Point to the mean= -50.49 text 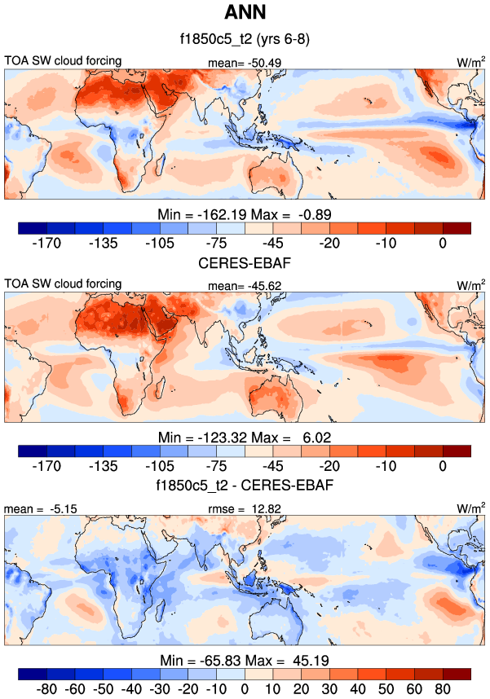tap(243, 61)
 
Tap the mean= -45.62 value tap(243, 284)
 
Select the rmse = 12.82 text tap(243, 508)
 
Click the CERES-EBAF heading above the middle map tap(245, 263)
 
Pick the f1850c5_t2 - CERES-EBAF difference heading tap(245, 486)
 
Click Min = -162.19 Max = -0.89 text tap(245, 213)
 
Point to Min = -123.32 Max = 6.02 tap(245, 437)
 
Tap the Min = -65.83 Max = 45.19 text tap(245, 659)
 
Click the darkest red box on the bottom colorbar tap(457, 674)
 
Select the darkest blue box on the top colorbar tap(33, 228)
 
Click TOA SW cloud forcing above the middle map tap(64, 284)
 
